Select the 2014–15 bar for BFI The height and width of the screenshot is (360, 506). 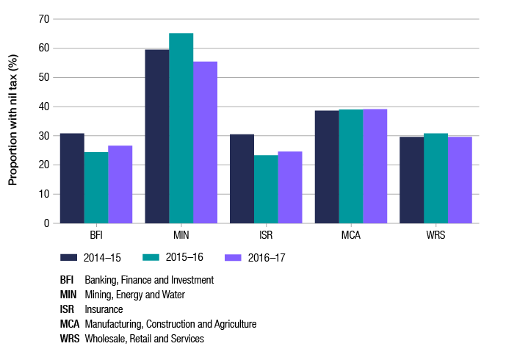point(72,179)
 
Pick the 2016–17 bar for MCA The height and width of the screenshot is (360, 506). point(375,166)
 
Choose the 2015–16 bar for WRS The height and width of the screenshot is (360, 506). point(435,179)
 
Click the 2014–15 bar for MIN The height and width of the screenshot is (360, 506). point(156,137)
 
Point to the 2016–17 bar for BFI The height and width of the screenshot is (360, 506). point(120,184)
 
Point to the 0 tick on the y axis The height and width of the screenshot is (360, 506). point(46,223)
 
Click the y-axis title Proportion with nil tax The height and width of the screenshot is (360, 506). point(12,121)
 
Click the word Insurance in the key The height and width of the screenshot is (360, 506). point(104,309)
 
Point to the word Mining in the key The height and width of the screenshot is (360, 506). point(98,295)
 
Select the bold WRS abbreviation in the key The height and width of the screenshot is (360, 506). point(69,339)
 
